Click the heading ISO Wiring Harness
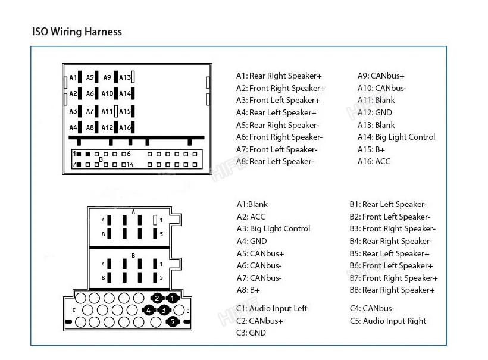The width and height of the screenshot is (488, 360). pos(77,32)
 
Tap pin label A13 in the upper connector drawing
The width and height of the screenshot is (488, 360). pos(124,77)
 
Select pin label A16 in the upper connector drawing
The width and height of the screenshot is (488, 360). pos(124,127)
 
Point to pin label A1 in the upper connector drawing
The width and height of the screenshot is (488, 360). pos(73,77)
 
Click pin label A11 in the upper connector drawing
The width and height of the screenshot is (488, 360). pos(107,111)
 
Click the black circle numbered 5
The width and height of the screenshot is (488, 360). pos(173,322)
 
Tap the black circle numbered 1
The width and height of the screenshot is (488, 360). pos(173,298)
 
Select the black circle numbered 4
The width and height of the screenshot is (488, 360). pos(149,310)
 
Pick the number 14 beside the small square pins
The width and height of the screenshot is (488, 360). pos(129,164)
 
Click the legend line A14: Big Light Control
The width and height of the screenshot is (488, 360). pos(396,137)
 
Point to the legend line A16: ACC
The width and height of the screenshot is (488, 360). pos(374,161)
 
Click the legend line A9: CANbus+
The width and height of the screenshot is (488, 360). pos(381,76)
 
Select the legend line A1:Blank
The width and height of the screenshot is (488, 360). pos(252,204)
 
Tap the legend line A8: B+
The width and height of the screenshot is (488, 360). pos(249,290)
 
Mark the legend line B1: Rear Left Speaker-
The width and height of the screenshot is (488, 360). pos(388,204)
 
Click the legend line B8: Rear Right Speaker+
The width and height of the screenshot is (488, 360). pos(392,290)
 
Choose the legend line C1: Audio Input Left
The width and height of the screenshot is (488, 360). pos(272,308)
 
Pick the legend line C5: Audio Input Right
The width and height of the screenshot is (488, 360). pos(388,321)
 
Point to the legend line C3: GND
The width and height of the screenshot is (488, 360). pos(251,333)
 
